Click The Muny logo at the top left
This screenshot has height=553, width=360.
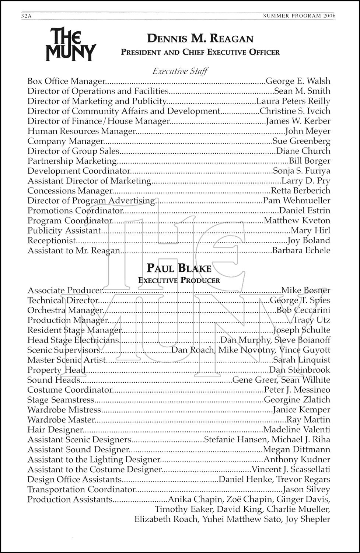coord(70,44)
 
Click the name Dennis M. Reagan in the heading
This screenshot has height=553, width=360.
coord(200,39)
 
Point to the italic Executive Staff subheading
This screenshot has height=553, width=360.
coord(180,71)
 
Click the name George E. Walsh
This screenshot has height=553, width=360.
coord(298,81)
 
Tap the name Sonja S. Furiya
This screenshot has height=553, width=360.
coord(301,171)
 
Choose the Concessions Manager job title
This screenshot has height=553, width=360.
coord(70,191)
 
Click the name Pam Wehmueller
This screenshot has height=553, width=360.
coord(296,201)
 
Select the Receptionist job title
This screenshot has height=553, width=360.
coord(52,241)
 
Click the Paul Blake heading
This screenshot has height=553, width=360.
coord(179,268)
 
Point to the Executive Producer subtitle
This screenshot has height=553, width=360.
coord(179,281)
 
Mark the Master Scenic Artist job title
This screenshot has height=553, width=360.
coord(67,360)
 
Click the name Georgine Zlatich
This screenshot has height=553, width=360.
coord(297,400)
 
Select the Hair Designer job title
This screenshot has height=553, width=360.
coord(55,430)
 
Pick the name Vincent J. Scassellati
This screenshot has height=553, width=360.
coord(291,470)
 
